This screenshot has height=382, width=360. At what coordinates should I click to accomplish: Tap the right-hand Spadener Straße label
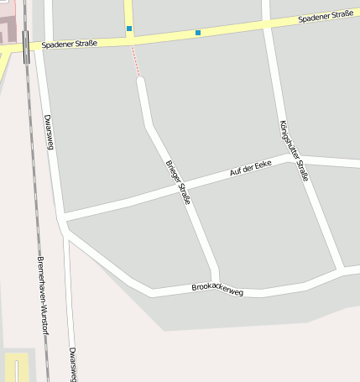pos(326,16)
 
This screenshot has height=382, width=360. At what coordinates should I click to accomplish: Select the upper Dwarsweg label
pos(49,132)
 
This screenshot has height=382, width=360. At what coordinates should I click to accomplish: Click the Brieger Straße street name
pos(179,181)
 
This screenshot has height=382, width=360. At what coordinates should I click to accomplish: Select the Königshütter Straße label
pos(294,151)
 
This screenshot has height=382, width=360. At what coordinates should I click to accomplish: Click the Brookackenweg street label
pos(217,290)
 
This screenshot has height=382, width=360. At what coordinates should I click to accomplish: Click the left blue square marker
pos(129,29)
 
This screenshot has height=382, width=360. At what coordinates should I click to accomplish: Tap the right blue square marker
pos(198,33)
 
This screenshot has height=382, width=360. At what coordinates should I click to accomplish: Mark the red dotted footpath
pos(134,60)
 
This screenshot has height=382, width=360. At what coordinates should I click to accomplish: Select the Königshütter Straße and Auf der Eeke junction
pos(298,160)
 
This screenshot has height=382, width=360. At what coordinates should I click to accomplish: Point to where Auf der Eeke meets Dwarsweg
pos(62,220)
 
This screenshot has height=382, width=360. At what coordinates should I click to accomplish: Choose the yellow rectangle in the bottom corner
pos(17,368)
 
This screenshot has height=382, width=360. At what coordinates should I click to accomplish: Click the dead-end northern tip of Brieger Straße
pos(141,80)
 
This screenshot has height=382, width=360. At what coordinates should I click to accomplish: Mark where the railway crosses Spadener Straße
pos(28,47)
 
